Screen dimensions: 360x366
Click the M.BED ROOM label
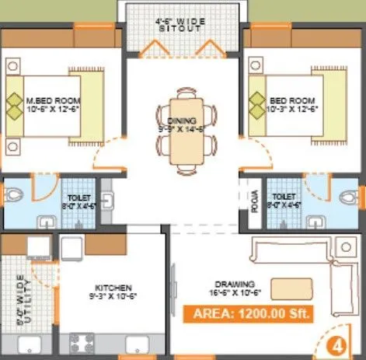(x=51, y=102)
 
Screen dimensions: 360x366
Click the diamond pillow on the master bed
(x=16, y=102)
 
